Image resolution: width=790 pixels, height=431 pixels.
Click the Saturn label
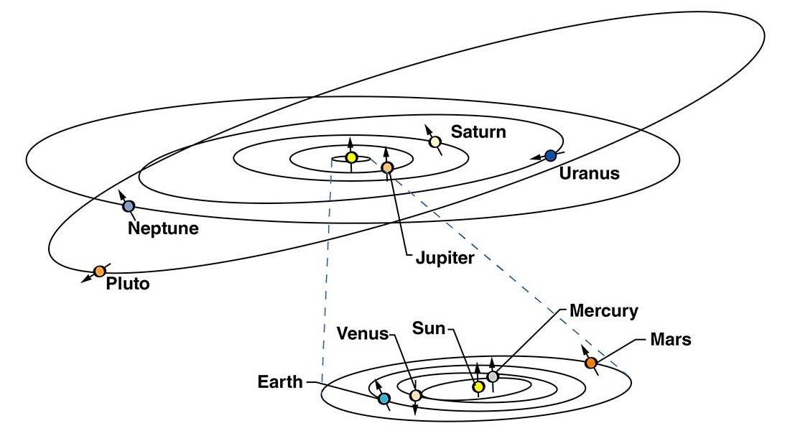coord(478,132)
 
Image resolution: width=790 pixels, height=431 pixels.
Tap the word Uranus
coord(589,173)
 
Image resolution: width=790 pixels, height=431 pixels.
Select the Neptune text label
coord(163,228)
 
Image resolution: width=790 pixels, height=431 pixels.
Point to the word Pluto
coord(128,283)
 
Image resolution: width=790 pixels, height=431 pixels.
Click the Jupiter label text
coord(445,258)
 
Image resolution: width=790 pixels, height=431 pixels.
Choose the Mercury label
coord(603,311)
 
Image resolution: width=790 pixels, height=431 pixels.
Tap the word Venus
coord(362,334)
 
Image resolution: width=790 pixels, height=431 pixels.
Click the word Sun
coord(429,328)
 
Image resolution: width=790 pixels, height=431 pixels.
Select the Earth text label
coord(280,382)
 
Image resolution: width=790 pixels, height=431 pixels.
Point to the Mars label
coord(671,339)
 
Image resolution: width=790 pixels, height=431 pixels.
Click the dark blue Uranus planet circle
coord(550,156)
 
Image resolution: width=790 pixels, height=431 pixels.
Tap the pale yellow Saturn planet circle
coord(435,142)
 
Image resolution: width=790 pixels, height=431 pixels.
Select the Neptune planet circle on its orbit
coord(129,206)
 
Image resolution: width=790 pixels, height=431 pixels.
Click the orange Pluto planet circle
coord(100,272)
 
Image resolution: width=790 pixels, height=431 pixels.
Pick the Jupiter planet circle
coord(387,167)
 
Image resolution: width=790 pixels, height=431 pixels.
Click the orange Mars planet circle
coord(591,363)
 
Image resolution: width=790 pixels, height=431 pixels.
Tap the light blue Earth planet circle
coord(384,399)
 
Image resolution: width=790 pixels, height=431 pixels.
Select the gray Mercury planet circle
coord(493,376)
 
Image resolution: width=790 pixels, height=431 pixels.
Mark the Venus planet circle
coord(415,396)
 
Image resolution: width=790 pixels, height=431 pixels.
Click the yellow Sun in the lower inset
coord(478,387)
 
